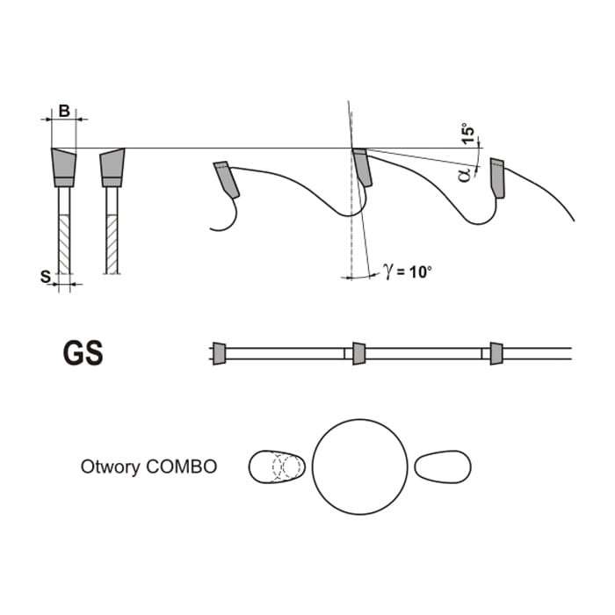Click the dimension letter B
tap(64, 111)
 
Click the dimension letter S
tap(46, 277)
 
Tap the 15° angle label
tap(467, 134)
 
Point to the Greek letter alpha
tap(464, 175)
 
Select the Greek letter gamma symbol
tap(388, 271)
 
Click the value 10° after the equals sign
tap(420, 271)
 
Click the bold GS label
tap(83, 353)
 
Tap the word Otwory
tap(110, 467)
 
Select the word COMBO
tap(182, 467)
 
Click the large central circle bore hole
tap(359, 467)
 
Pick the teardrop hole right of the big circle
tap(443, 467)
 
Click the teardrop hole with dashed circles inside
tap(277, 467)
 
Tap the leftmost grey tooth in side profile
tap(227, 179)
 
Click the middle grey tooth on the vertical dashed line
tap(362, 167)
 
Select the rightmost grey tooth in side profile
tap(497, 178)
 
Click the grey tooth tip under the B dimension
tap(64, 168)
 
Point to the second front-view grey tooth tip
tap(112, 168)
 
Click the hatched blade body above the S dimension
tap(64, 244)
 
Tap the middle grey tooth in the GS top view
tap(358, 353)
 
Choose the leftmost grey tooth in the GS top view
tap(220, 353)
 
